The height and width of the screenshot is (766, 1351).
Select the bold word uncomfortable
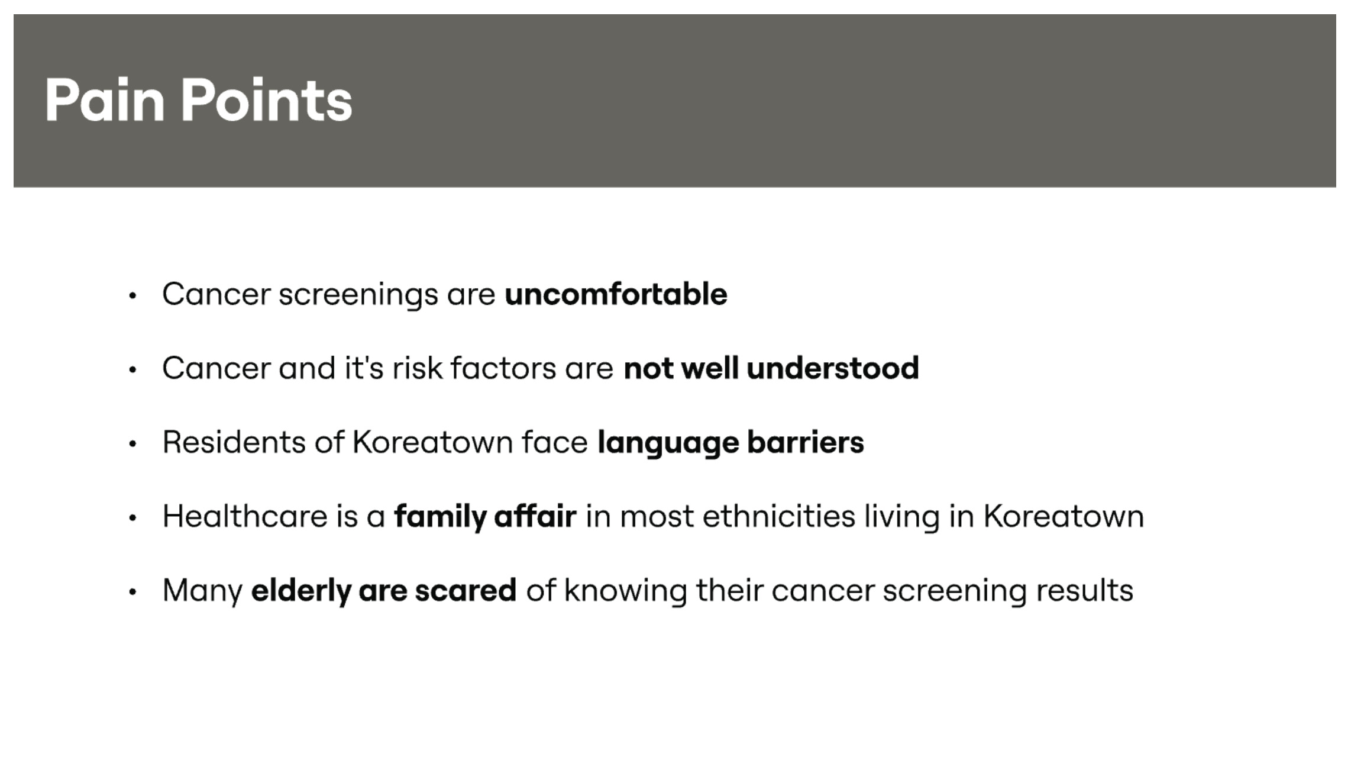click(616, 294)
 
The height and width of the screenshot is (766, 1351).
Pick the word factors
click(503, 368)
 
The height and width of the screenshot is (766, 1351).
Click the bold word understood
click(833, 368)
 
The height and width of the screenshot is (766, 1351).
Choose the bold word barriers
click(806, 442)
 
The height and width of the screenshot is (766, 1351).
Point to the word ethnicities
click(779, 516)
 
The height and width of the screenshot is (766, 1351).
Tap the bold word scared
click(466, 590)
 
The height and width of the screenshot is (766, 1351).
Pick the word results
click(1084, 590)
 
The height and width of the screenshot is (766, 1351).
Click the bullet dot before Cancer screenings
click(132, 296)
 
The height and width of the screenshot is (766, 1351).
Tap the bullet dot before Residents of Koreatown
click(132, 444)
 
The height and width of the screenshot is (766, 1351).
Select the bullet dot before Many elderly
click(132, 592)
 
